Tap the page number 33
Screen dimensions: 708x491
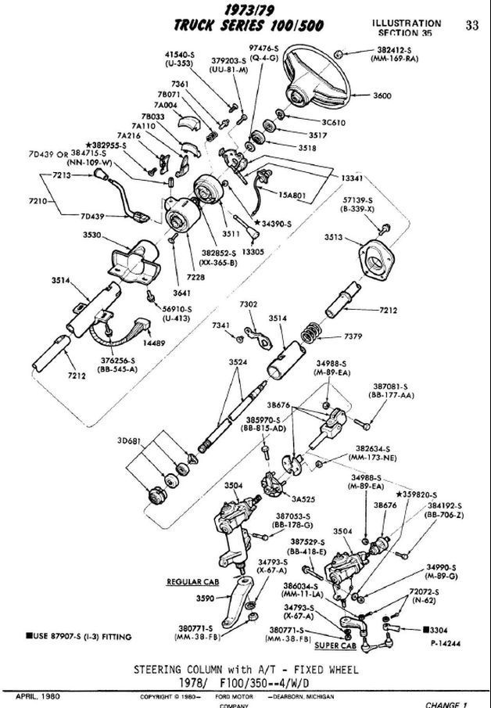(471, 25)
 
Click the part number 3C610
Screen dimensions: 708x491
(335, 122)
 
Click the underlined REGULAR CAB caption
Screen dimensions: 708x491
(191, 582)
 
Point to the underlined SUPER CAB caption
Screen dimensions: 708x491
(335, 646)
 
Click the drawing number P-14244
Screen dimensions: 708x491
(446, 643)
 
